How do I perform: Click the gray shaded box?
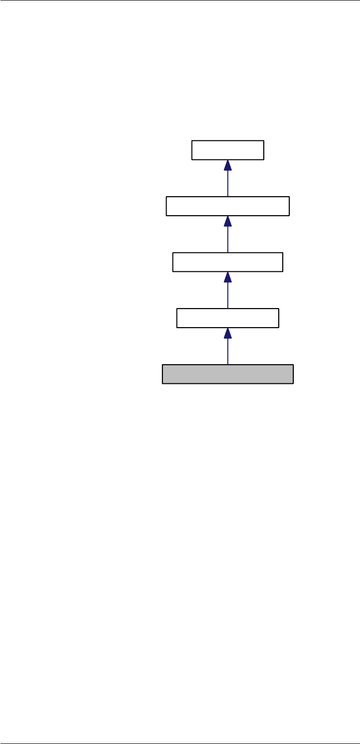click(227, 374)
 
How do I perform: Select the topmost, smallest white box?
click(228, 150)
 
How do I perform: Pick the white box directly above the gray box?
click(228, 318)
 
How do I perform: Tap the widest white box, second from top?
click(228, 206)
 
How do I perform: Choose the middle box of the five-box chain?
click(228, 262)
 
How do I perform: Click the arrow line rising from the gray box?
click(228, 351)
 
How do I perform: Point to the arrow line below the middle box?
click(228, 295)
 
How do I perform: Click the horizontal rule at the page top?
click(180, 1)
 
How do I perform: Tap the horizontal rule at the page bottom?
click(180, 743)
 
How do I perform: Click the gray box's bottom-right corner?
click(293, 383)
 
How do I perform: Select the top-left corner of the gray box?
click(162, 365)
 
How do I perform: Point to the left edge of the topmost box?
click(192, 150)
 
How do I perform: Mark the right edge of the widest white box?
click(289, 206)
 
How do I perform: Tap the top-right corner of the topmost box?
click(264, 141)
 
